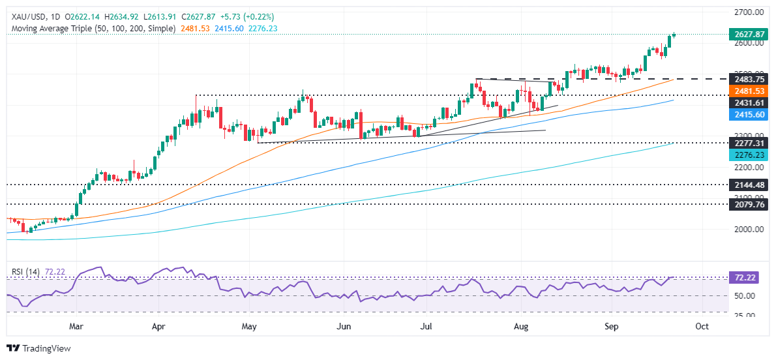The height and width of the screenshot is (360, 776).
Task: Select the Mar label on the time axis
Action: coord(76,325)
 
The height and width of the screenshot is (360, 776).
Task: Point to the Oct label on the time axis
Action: coord(702,325)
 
